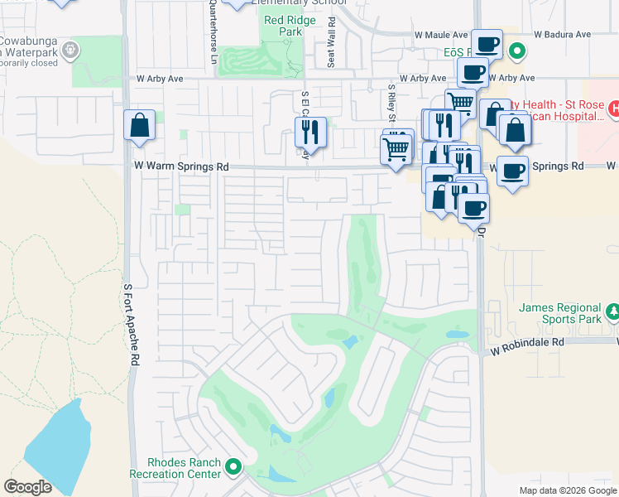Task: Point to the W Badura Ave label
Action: click(x=562, y=35)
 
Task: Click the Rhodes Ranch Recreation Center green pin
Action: click(x=233, y=468)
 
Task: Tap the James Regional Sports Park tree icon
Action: click(x=612, y=311)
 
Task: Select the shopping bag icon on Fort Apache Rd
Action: click(x=140, y=126)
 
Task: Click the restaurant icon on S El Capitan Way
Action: click(x=310, y=132)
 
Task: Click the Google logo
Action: click(x=27, y=486)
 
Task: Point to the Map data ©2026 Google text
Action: click(x=568, y=490)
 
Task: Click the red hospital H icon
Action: click(x=613, y=108)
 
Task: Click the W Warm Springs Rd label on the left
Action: click(x=181, y=166)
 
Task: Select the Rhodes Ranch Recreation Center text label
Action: click(x=184, y=468)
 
